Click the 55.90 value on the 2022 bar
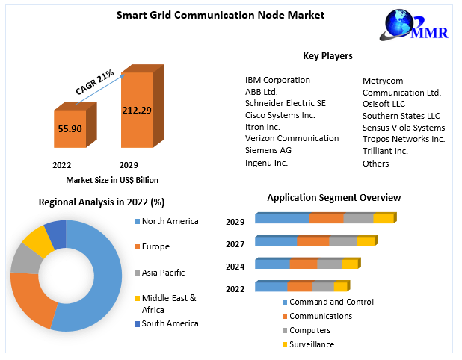[x=70, y=129]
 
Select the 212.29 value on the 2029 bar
[x=138, y=111]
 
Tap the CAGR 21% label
[x=95, y=82]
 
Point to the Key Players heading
[x=327, y=56]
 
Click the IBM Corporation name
[x=277, y=80]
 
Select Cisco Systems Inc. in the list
[x=280, y=115]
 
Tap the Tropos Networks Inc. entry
[x=404, y=139]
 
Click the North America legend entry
[x=170, y=221]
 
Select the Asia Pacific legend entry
[x=163, y=273]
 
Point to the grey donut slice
[x=22, y=258]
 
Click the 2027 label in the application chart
[x=235, y=243]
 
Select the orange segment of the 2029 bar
[x=326, y=218]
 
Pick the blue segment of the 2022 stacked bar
[x=271, y=287]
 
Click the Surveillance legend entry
[x=312, y=344]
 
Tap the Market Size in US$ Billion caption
[x=112, y=180]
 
